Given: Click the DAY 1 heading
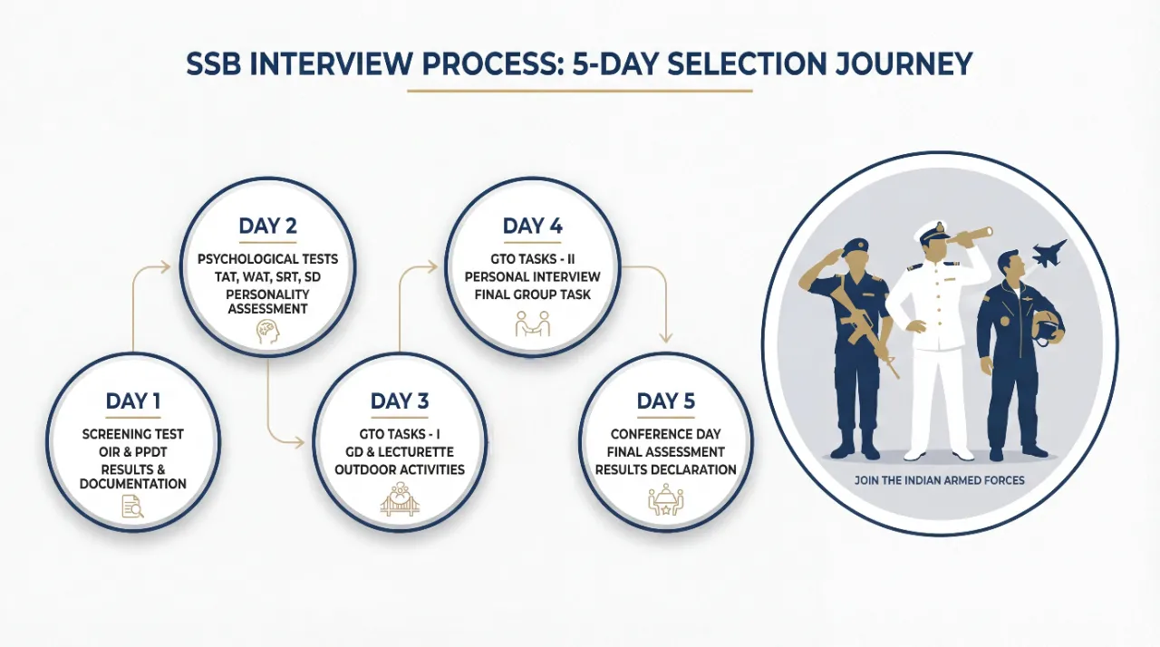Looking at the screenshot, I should (x=132, y=401).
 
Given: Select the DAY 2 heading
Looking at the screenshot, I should (x=266, y=226).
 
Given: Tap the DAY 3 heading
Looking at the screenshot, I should (x=400, y=401).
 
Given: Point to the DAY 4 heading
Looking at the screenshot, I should (x=532, y=226).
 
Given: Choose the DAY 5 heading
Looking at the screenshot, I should (x=665, y=401).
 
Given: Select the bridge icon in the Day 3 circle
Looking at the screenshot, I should (x=400, y=500).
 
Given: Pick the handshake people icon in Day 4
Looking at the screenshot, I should (x=532, y=323).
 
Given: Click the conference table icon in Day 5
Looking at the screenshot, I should (x=665, y=500).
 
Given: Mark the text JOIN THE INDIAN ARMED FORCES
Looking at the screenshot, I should (x=939, y=479).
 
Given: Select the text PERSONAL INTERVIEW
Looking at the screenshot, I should (x=532, y=275).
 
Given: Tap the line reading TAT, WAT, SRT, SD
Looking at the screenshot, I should (x=266, y=276).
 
